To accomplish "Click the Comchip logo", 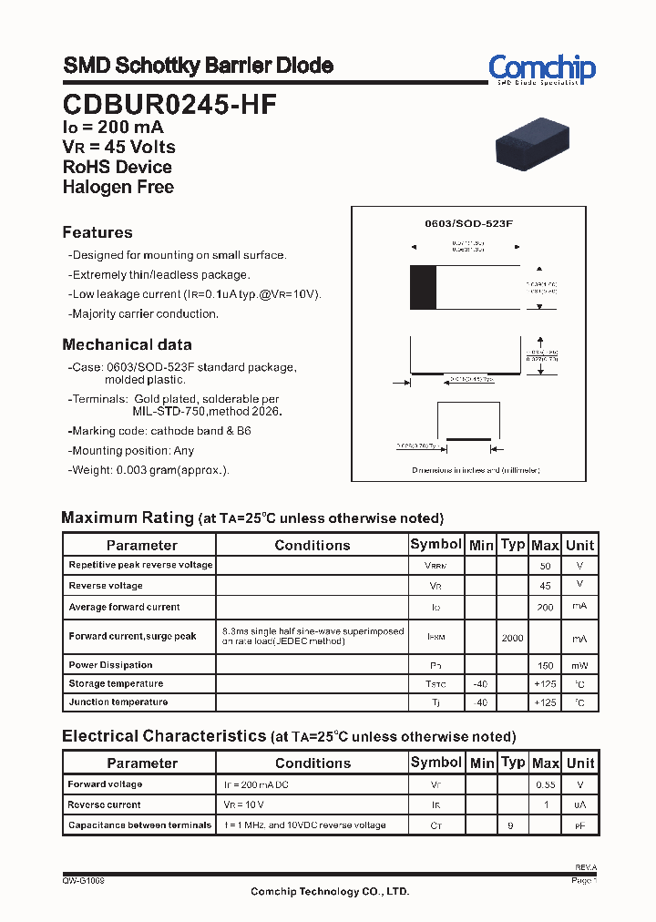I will point(541,68).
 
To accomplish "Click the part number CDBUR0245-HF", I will point(169,105).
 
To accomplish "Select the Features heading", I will point(97,232).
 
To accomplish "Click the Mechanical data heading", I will point(127,344).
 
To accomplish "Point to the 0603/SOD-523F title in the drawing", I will point(469,223).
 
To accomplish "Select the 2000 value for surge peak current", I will point(512,638).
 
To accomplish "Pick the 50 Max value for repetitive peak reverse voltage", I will point(545,566).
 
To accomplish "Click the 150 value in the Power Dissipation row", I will point(545,666).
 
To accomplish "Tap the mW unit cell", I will point(579,666).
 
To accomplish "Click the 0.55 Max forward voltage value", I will point(545,784).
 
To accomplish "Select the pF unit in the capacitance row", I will point(579,825).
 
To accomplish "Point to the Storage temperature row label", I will point(116,683).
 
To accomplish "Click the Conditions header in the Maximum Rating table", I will point(312,545).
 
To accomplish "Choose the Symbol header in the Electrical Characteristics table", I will point(436,762).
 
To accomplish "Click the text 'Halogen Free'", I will point(118,187).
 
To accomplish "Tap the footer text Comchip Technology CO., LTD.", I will point(330,892).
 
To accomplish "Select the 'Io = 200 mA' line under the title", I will point(113,128).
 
